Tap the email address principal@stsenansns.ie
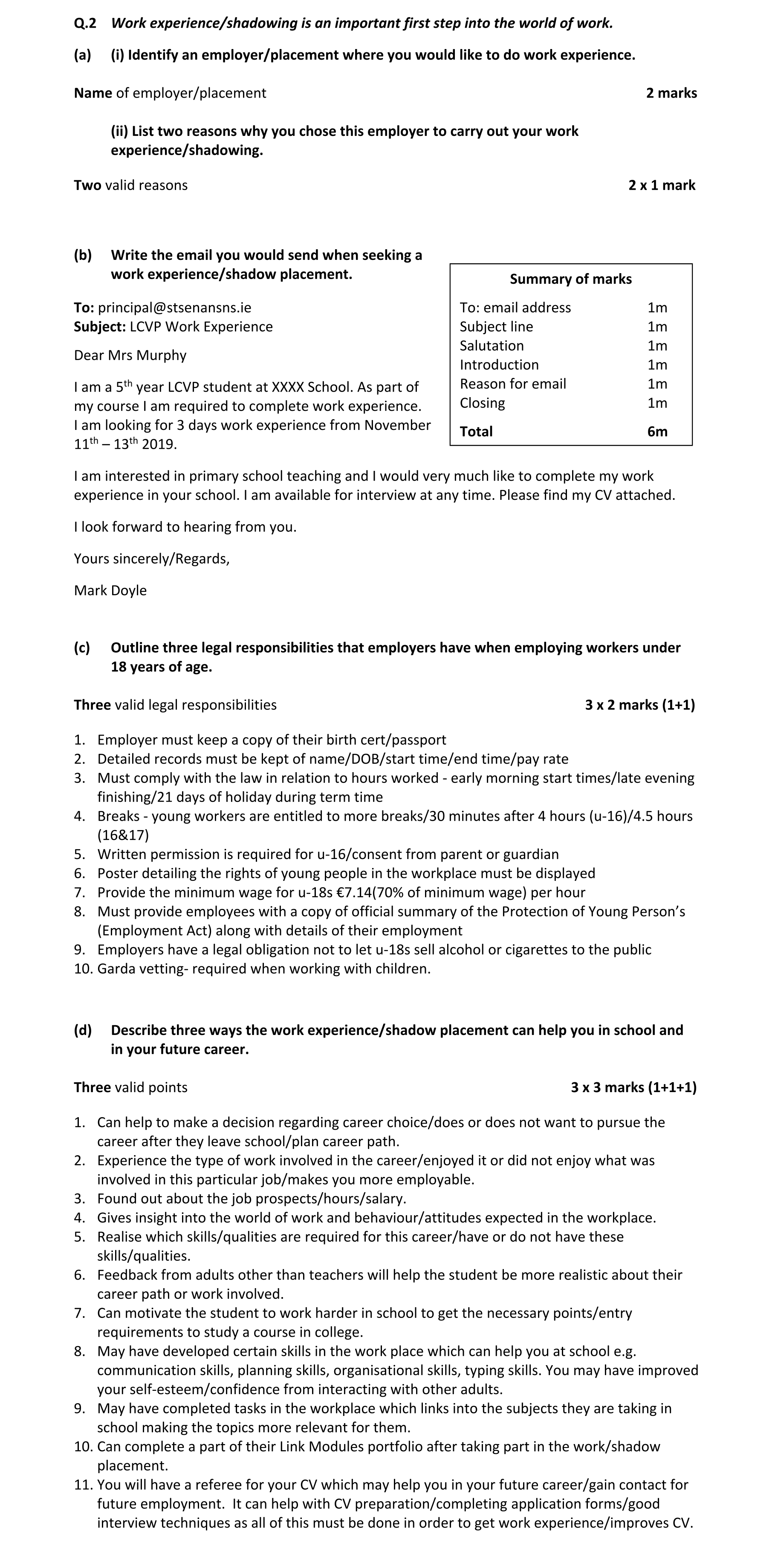174,308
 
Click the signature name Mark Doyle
110,591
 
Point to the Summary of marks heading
570,279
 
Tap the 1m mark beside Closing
657,404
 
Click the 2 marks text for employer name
671,93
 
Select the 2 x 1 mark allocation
662,186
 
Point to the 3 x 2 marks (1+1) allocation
640,705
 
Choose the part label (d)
83,1030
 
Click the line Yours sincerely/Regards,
151,559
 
